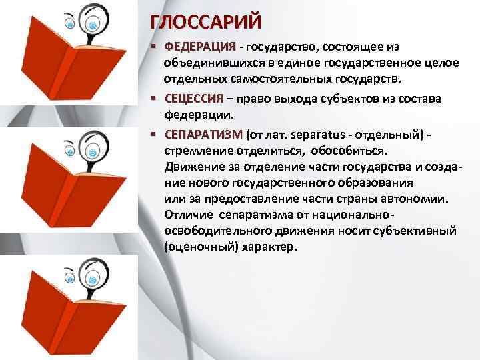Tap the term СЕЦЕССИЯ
coord(194,99)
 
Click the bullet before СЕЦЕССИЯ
coord(154,99)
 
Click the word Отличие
coord(187,215)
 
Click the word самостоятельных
coord(285,80)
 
